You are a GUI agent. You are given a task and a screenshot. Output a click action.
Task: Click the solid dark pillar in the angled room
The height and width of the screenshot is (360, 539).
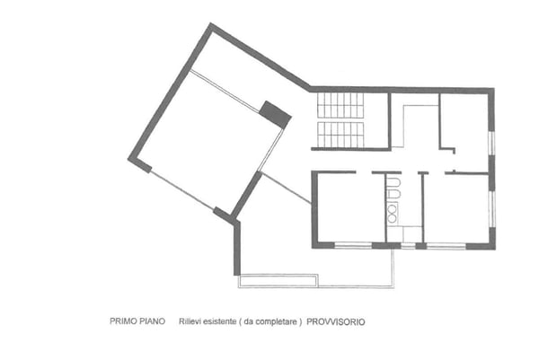coord(275,114)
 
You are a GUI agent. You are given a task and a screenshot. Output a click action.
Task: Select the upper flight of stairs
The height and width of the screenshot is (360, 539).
coord(340,106)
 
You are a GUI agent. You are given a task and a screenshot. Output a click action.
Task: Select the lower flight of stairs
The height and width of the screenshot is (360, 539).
coord(340,135)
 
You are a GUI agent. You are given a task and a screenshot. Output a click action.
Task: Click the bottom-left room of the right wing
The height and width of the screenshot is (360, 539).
coord(349,206)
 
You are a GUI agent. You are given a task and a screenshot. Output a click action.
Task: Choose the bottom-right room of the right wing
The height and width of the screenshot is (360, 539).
coord(456,206)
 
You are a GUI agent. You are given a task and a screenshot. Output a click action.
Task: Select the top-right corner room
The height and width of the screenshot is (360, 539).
coord(465,123)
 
